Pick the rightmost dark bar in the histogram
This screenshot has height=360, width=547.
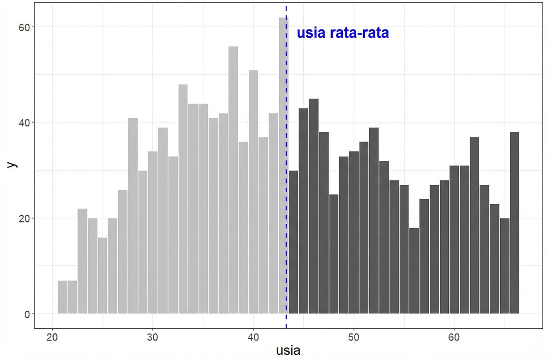pyautogui.click(x=515, y=223)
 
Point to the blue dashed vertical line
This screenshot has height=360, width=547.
pyautogui.click(x=286, y=173)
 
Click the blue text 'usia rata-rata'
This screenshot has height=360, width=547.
pyautogui.click(x=342, y=33)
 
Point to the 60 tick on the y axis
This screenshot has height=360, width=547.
pyautogui.click(x=27, y=27)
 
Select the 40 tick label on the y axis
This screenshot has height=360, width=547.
pyautogui.click(x=27, y=122)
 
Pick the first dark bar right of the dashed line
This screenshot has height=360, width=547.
pyautogui.click(x=293, y=242)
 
